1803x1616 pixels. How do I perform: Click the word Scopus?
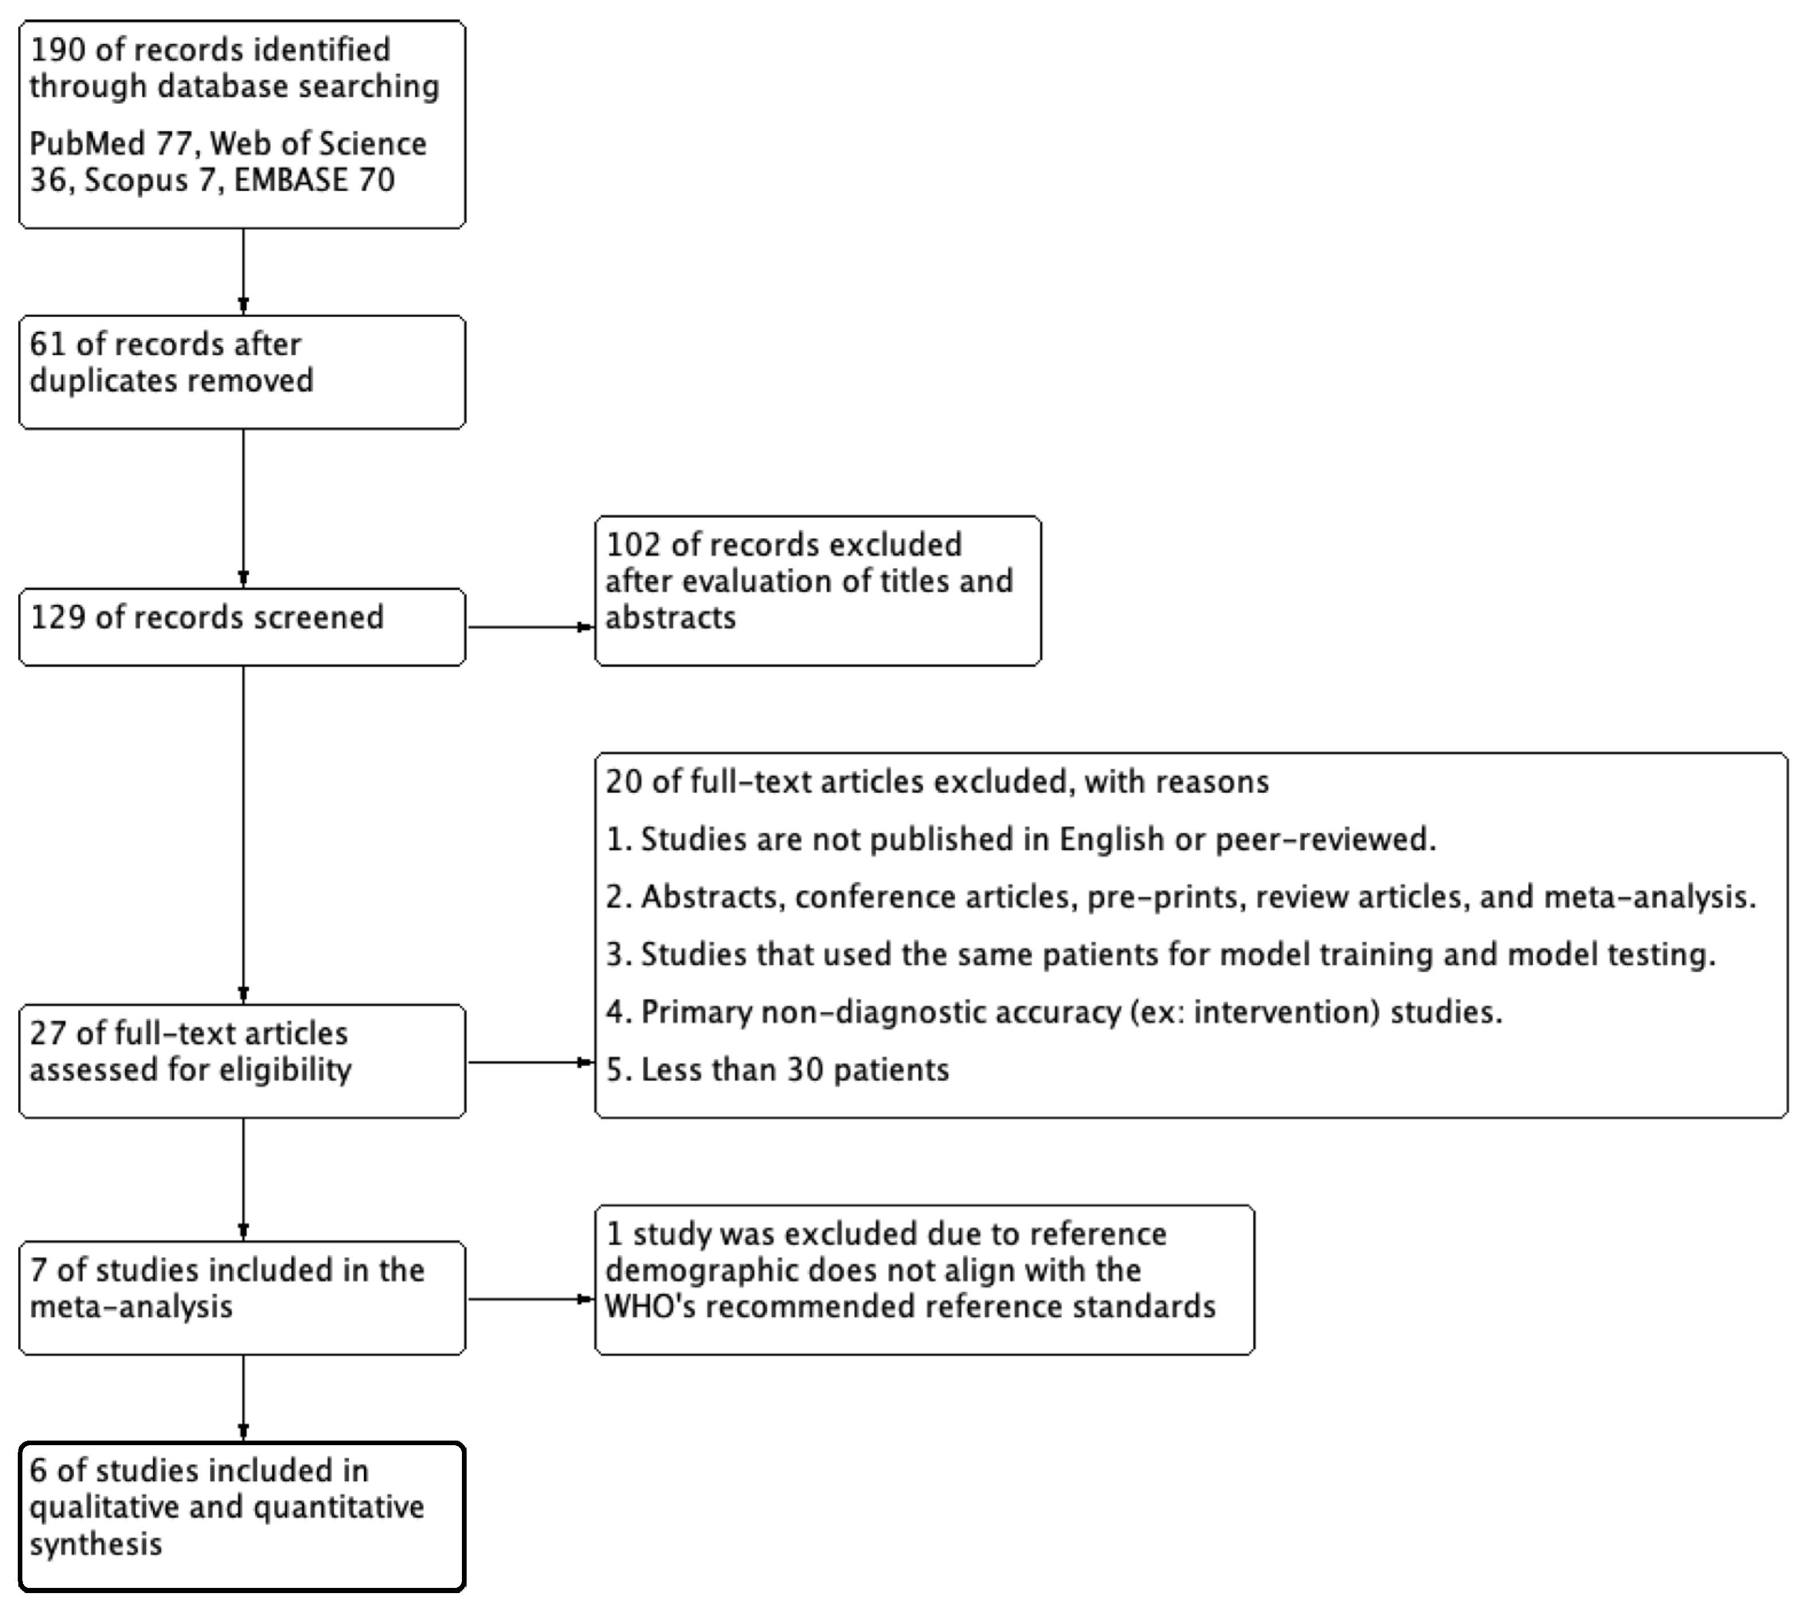136,180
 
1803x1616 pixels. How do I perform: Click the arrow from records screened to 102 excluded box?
530,627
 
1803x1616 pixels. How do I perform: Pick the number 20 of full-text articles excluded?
624,782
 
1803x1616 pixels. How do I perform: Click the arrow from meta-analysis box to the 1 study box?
530,1300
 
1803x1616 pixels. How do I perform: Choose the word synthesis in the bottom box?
96,1544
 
